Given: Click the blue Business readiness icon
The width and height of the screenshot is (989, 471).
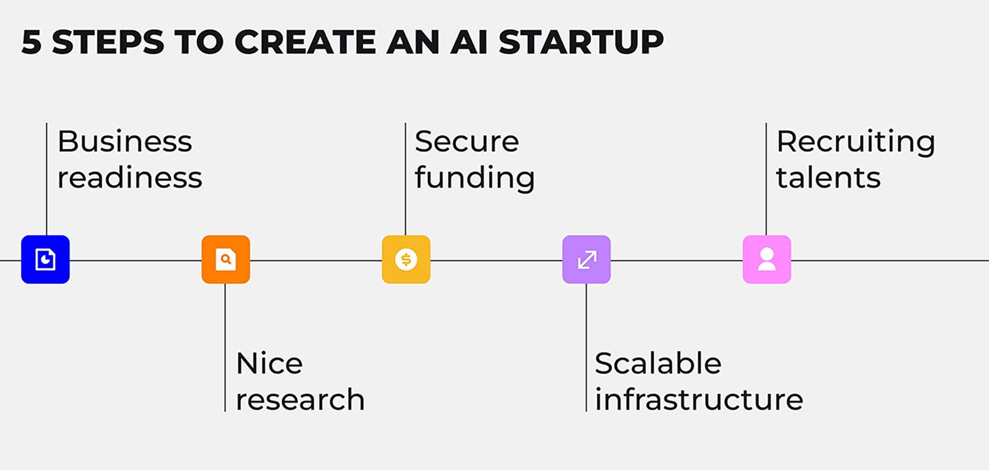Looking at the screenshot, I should tap(46, 260).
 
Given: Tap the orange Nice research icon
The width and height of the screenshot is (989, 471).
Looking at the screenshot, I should tap(226, 260).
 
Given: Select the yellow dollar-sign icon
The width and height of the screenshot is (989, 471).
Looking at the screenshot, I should tap(406, 260).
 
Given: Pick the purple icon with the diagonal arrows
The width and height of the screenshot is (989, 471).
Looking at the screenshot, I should tap(586, 260).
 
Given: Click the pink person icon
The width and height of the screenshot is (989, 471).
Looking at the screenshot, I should tap(766, 260).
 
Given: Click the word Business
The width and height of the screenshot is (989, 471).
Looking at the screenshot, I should tap(125, 142).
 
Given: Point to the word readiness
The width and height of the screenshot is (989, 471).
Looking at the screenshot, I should tap(130, 178).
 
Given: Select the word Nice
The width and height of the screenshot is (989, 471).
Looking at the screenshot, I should tap(269, 363).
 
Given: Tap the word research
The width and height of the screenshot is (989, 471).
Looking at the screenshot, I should tap(300, 400).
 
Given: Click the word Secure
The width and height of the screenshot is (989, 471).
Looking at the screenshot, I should tap(466, 142).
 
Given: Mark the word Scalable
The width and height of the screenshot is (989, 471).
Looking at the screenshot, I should tap(658, 363).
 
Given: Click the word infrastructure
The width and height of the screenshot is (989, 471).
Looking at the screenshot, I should tap(698, 400).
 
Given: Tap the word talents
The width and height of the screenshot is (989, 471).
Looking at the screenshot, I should tap(828, 178).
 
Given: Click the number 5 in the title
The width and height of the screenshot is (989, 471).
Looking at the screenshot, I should tap(32, 42).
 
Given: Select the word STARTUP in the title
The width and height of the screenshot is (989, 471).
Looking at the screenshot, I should tap(581, 42).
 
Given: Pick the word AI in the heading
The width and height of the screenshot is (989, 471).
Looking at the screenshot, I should tap(469, 42).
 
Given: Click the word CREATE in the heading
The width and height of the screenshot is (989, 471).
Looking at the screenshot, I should tap(305, 42).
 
